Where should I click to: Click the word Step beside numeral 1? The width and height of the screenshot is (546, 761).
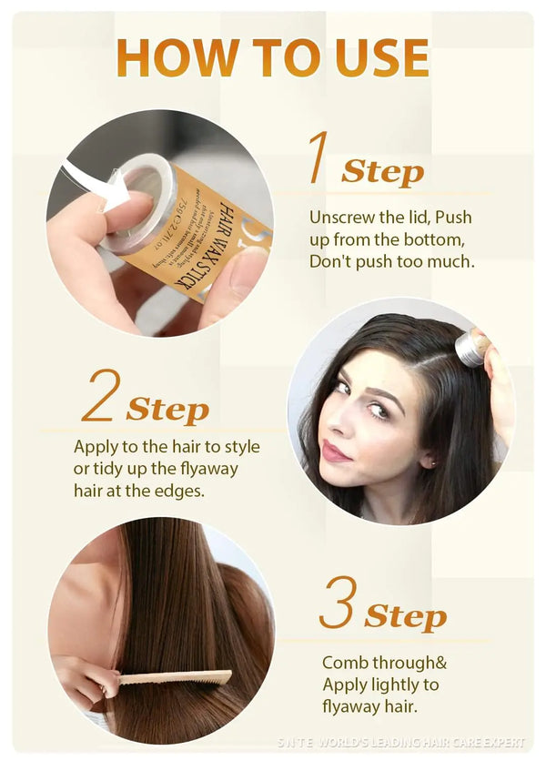coord(382,171)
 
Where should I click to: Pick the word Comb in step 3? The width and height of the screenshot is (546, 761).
coord(342,663)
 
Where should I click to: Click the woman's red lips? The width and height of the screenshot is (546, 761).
coord(338,452)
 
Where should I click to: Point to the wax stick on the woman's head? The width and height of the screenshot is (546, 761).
coord(471,349)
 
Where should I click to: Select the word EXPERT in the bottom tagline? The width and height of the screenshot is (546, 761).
coord(504,744)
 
